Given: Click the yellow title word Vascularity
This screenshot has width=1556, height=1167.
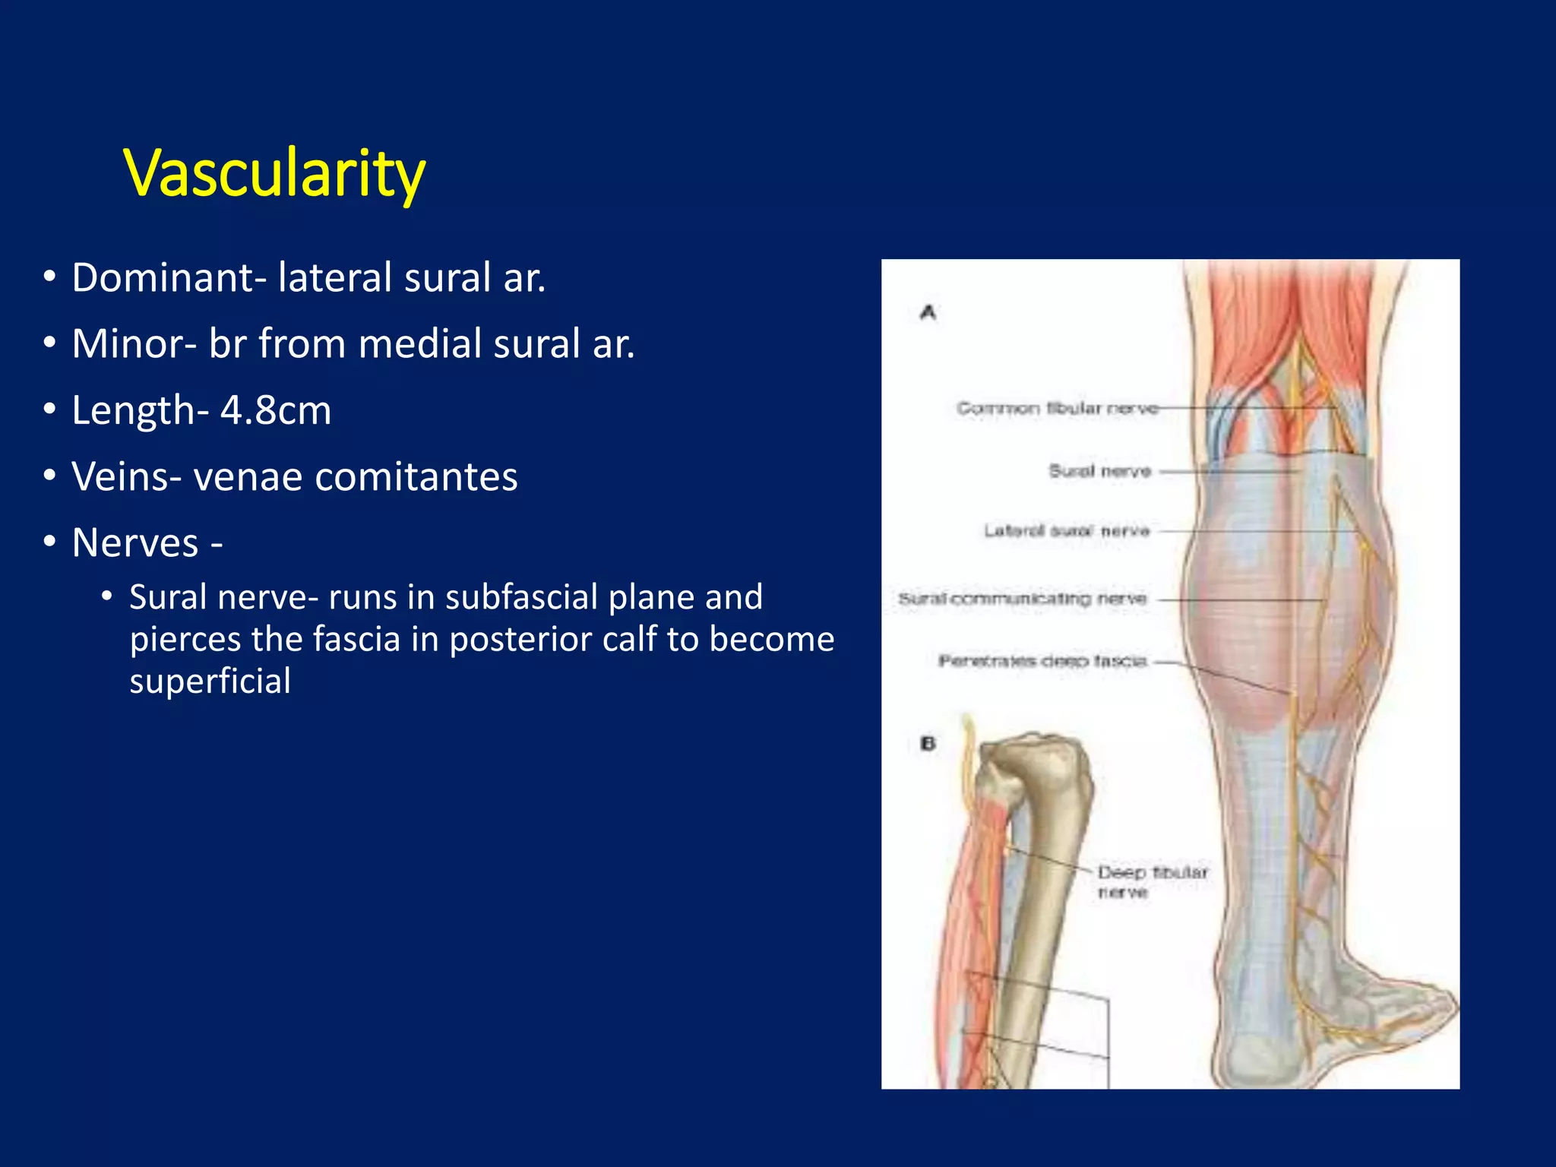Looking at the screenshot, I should click(x=274, y=173).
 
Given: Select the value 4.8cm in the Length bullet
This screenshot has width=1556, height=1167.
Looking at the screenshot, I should click(x=276, y=410).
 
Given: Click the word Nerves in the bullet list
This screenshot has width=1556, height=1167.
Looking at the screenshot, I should click(x=135, y=543).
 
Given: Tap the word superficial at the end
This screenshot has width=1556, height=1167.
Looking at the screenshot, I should click(x=210, y=681).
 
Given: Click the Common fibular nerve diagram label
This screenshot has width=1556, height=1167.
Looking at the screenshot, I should click(x=1057, y=409).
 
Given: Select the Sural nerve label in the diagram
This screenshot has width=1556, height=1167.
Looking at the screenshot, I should click(x=1099, y=471).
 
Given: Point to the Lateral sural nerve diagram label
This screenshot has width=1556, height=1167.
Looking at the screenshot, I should click(x=1067, y=530).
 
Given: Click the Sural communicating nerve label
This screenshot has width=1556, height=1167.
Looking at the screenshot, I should click(x=1022, y=599).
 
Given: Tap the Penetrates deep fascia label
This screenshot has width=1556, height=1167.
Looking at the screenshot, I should click(x=1042, y=661).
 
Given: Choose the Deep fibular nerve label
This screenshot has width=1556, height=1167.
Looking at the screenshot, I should click(x=1152, y=881).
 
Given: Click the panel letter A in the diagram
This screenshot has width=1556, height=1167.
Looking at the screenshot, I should click(x=928, y=312).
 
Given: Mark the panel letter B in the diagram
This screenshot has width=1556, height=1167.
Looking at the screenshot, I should click(x=928, y=743).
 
